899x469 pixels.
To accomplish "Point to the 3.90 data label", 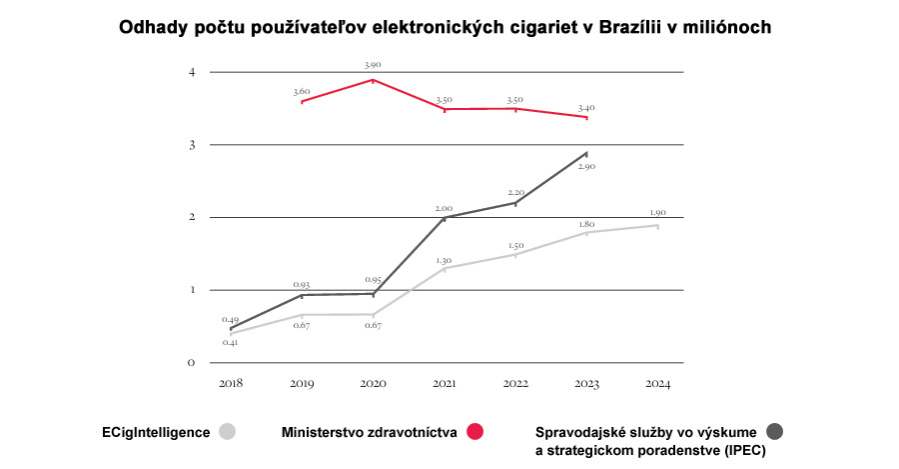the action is pyautogui.click(x=373, y=65).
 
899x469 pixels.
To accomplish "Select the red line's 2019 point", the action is pyautogui.click(x=302, y=102).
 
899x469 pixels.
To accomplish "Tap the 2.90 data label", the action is pyautogui.click(x=586, y=166).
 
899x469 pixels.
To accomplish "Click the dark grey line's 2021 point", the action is pyautogui.click(x=445, y=218).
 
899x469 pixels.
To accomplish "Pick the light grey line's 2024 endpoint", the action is pyautogui.click(x=657, y=226).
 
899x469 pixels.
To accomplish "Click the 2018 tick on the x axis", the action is pyautogui.click(x=231, y=383).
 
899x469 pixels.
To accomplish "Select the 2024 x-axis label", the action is pyautogui.click(x=657, y=383).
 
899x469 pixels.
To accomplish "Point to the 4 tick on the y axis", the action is pyautogui.click(x=192, y=72).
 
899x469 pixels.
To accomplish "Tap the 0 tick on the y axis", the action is pyautogui.click(x=192, y=363).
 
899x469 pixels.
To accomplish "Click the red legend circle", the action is pyautogui.click(x=474, y=432).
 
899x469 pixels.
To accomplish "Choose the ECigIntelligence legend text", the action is pyautogui.click(x=156, y=432).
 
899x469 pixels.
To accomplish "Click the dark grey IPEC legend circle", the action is pyautogui.click(x=774, y=431).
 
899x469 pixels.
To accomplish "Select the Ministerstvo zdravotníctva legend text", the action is pyautogui.click(x=370, y=432).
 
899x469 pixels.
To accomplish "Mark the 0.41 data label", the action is pyautogui.click(x=231, y=343).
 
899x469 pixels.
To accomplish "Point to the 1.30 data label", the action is pyautogui.click(x=444, y=261).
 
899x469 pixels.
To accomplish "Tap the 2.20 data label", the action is pyautogui.click(x=515, y=192).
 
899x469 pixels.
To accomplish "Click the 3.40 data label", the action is pyautogui.click(x=586, y=108).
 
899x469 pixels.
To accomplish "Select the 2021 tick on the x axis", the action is pyautogui.click(x=445, y=383).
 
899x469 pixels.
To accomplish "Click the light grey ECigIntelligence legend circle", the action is pyautogui.click(x=228, y=432).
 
